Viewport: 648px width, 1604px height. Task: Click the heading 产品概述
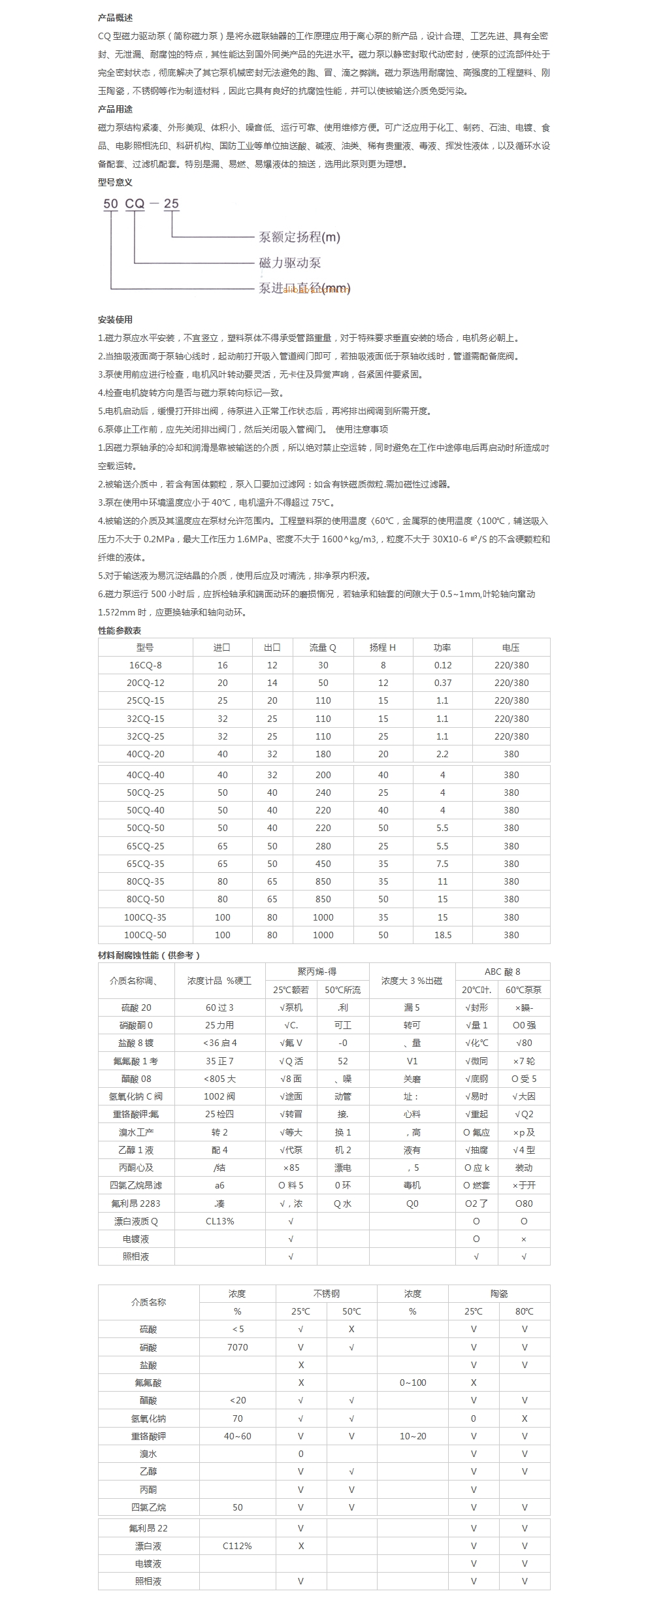point(115,18)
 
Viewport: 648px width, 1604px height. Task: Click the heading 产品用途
point(115,109)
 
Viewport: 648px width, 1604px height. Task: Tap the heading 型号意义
point(115,182)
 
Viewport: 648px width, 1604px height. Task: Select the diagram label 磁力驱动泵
point(290,263)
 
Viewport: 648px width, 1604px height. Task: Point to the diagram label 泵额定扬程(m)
point(300,237)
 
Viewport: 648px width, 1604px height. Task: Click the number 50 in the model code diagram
point(110,204)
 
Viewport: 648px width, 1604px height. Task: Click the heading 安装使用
point(115,319)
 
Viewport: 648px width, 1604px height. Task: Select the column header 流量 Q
point(323,647)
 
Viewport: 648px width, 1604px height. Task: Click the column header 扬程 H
point(383,647)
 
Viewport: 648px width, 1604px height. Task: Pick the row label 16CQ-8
point(145,665)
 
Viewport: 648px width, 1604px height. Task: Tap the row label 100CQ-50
point(145,935)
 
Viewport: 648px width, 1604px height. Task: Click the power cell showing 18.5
point(442,935)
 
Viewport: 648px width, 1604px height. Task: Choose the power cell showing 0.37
point(442,683)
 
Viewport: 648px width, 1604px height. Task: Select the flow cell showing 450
point(323,864)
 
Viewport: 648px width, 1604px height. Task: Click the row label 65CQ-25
point(145,846)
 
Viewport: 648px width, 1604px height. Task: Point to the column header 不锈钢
point(326,1294)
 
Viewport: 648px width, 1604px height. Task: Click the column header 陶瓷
point(499,1294)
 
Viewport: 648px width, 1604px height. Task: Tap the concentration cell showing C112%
point(237,1546)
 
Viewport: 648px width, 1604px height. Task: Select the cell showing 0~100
point(412,1383)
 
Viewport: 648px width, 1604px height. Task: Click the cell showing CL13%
point(219,1221)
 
